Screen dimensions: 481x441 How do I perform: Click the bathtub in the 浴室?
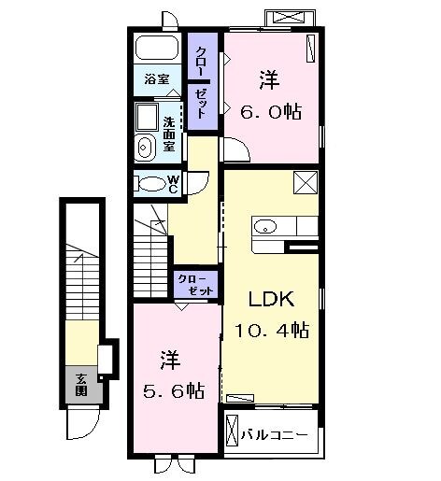(x=158, y=49)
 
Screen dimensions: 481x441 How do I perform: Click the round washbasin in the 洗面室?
(x=145, y=146)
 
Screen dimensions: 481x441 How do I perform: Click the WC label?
(x=174, y=183)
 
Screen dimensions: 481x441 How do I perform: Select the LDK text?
(x=271, y=300)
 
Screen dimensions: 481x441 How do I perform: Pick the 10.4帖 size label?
(x=273, y=330)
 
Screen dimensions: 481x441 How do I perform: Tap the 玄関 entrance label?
(x=82, y=384)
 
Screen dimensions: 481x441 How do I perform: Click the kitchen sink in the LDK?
(x=264, y=226)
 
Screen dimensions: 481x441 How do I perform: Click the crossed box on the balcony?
(x=235, y=434)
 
